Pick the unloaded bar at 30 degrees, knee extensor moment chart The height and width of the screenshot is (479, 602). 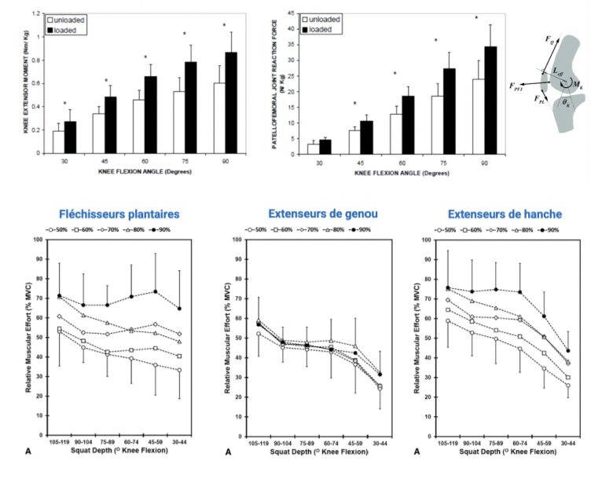pos(59,141)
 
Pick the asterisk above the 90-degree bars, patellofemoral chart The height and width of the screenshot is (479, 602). pos(476,16)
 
